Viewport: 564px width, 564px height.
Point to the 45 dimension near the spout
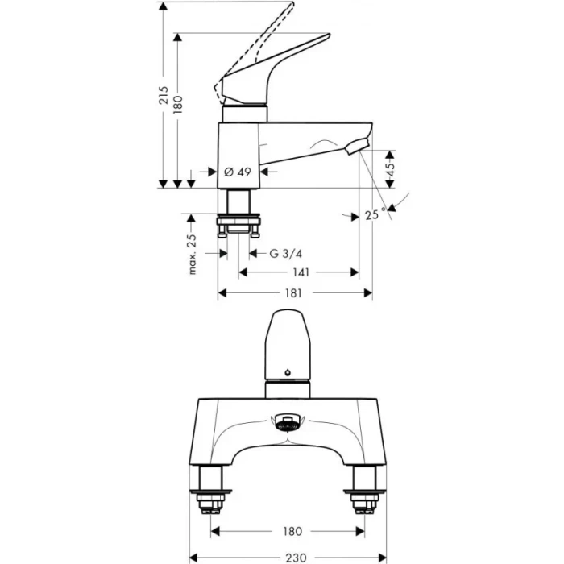pos(391,168)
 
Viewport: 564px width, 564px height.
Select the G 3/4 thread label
pos(286,253)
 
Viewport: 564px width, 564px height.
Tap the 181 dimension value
pos(294,292)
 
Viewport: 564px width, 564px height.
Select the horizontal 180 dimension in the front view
pos(294,531)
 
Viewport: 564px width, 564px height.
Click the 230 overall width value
pos(294,556)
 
